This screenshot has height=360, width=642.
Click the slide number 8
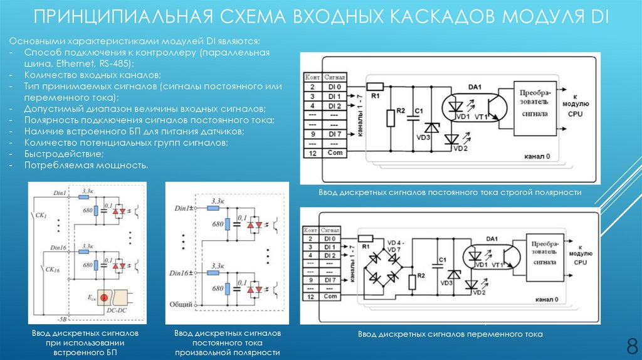click(x=631, y=344)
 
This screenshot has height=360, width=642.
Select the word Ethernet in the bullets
click(x=74, y=63)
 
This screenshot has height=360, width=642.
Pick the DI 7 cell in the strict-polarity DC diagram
click(x=334, y=134)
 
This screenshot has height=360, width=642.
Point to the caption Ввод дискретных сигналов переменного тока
click(x=450, y=334)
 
